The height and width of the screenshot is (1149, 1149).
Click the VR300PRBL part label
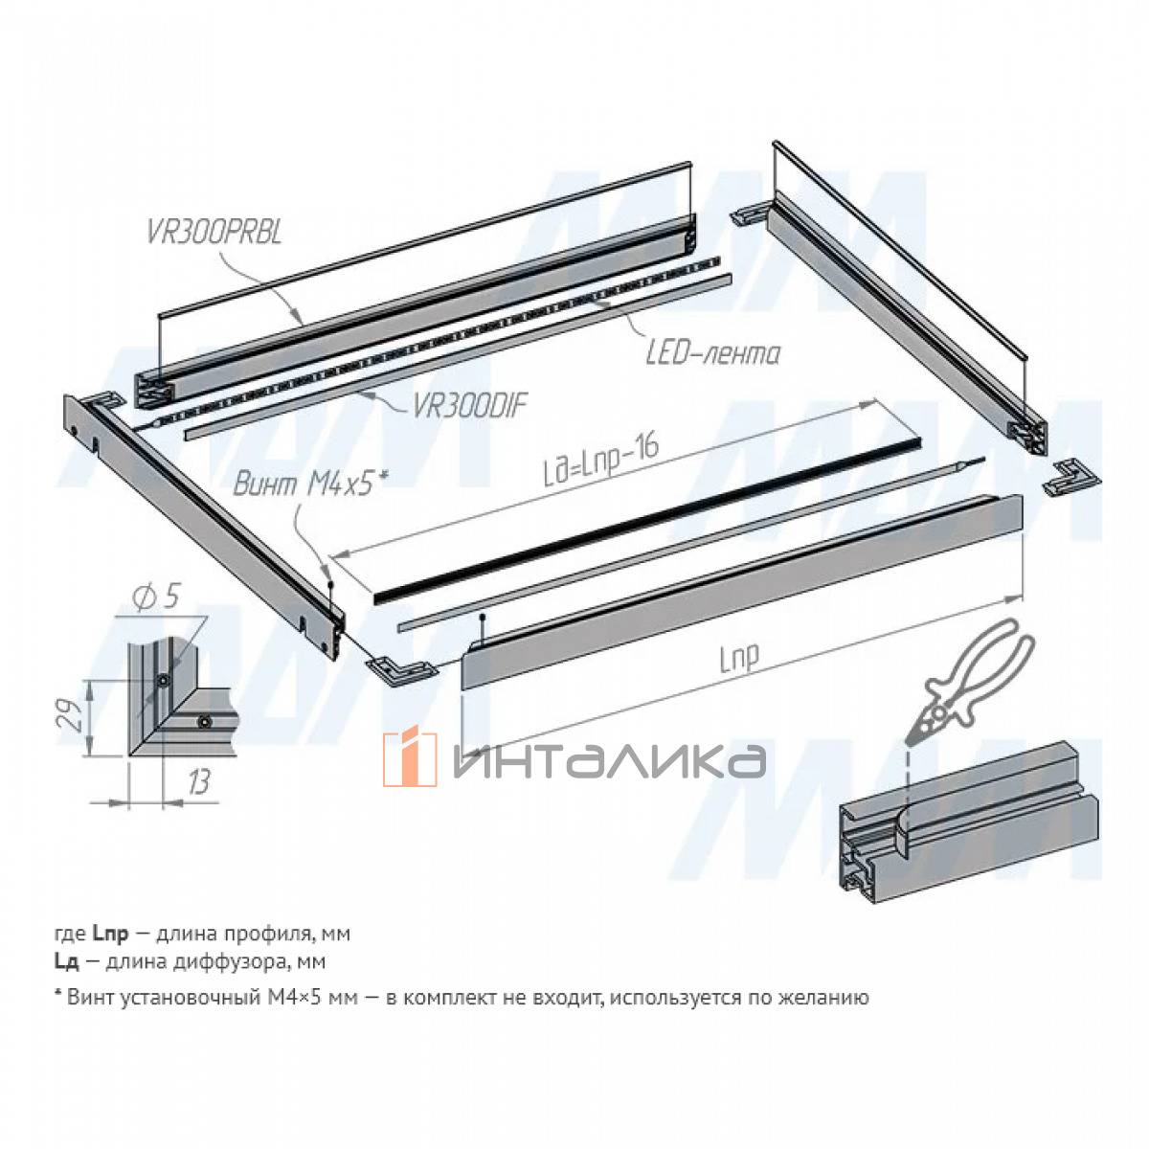click(x=214, y=232)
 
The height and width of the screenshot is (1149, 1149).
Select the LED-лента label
click(x=713, y=354)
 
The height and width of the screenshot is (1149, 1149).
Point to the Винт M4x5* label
click(x=310, y=483)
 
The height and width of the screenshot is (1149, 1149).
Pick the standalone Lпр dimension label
click(x=739, y=657)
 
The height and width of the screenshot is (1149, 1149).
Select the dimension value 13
click(x=198, y=781)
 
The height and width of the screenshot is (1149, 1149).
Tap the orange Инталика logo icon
click(x=409, y=759)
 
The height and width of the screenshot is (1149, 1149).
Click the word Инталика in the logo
click(x=609, y=761)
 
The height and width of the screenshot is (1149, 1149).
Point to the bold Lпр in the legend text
click(x=110, y=934)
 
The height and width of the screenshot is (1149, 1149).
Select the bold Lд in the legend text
click(x=66, y=961)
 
